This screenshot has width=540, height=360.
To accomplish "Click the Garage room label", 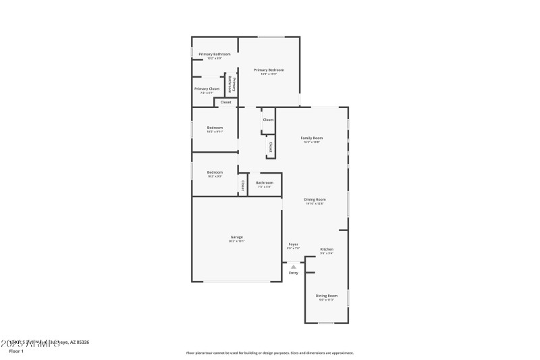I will pyautogui.click(x=237, y=237).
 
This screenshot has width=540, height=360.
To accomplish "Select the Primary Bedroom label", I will pyautogui.click(x=269, y=70).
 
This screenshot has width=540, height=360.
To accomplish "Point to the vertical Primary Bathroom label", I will pyautogui.click(x=231, y=84).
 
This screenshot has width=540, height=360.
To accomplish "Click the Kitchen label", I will pyautogui.click(x=327, y=249).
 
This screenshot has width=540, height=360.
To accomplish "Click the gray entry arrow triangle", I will pyautogui.click(x=294, y=267).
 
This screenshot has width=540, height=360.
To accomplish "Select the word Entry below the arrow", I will pyautogui.click(x=294, y=273).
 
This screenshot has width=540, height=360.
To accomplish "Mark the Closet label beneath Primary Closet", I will pyautogui.click(x=225, y=102).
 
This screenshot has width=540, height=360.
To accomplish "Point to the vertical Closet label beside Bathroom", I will pyautogui.click(x=242, y=184).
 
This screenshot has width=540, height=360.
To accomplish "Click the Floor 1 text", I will pyautogui.click(x=16, y=351).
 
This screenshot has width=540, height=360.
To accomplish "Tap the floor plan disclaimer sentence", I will pyautogui.click(x=269, y=353).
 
